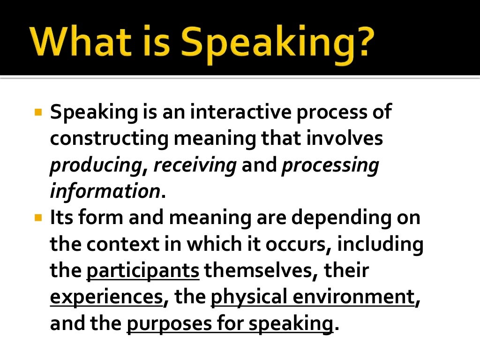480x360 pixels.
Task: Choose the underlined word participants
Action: click(x=143, y=271)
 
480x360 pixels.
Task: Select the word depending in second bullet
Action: click(x=345, y=219)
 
